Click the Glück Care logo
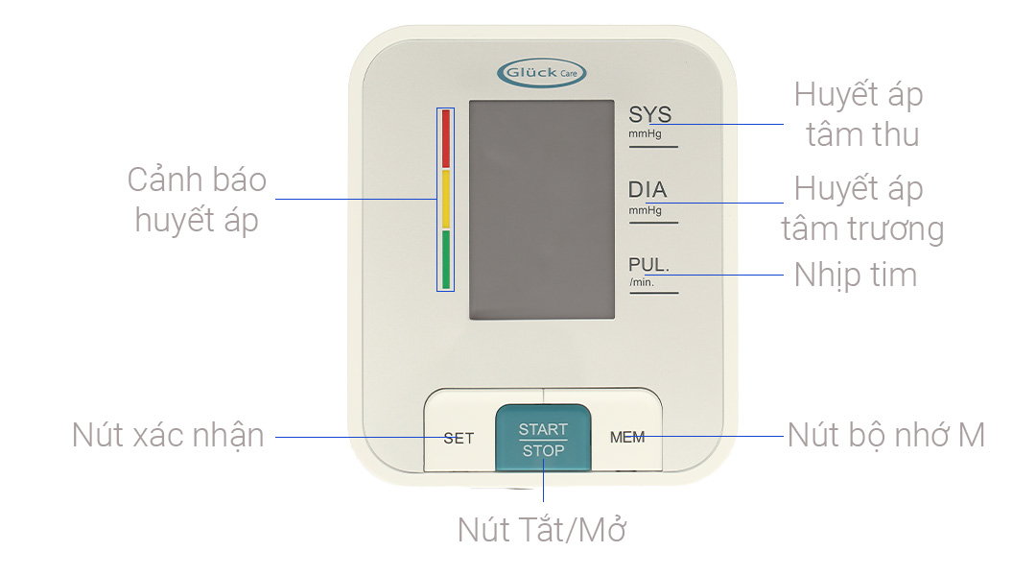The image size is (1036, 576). (542, 72)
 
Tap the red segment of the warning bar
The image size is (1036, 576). (445, 139)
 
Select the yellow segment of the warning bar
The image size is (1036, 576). (445, 200)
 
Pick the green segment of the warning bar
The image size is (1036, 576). (445, 259)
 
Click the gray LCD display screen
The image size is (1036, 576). (541, 210)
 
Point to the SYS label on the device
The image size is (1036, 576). (649, 115)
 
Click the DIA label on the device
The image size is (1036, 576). (647, 190)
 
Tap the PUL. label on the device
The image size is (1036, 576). (648, 265)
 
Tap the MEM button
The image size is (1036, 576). (627, 438)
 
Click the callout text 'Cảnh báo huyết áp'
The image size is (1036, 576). (197, 200)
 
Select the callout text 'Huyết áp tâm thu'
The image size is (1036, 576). (859, 115)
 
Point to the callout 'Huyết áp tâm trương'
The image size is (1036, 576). (861, 209)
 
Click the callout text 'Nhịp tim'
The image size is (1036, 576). (856, 276)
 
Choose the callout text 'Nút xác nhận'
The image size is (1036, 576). (168, 435)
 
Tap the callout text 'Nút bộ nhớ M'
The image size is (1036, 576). (886, 435)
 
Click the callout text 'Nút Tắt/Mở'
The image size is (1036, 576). (542, 529)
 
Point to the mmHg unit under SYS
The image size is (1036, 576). (645, 134)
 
